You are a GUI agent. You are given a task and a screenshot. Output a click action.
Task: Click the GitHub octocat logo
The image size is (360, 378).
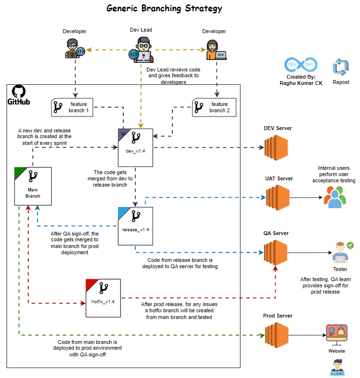tap(18, 91)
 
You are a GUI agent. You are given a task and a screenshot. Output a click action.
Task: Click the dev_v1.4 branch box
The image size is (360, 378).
tap(135, 147)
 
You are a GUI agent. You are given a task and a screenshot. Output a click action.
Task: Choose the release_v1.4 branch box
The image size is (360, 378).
tap(135, 225)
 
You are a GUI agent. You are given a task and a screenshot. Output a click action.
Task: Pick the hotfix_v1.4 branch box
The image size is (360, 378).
tap(103, 297)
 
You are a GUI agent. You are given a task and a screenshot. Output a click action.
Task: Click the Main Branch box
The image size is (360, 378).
tap(33, 186)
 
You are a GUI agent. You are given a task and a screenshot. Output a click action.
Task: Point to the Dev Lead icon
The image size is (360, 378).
tap(141, 50)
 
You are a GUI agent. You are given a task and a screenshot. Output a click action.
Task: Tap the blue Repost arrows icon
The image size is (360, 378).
tap(341, 68)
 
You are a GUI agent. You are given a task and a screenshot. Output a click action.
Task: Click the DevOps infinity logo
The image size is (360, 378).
tap(300, 64)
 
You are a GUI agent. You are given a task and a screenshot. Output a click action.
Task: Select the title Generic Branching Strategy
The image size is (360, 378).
tap(164, 9)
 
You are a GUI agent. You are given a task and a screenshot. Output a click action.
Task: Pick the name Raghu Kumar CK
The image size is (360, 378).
tap(301, 83)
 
